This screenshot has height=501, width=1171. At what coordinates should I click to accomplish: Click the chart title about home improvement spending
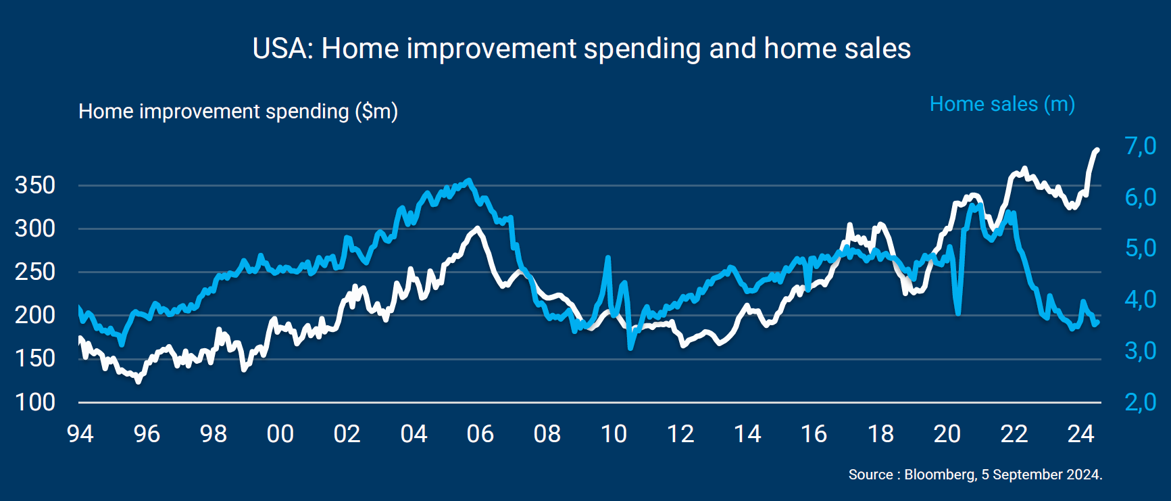coord(581,49)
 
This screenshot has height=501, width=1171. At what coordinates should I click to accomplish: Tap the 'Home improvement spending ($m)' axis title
coord(238,112)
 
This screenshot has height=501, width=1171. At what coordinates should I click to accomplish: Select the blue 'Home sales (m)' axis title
coord(1002,104)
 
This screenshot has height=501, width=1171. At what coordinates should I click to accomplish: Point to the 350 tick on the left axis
coord(35,185)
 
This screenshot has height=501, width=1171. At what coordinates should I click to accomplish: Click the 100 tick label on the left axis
coord(35,402)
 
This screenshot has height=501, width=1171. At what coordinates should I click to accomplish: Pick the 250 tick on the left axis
coord(35,272)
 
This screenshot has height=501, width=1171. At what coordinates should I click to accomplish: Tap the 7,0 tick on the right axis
coord(1141,146)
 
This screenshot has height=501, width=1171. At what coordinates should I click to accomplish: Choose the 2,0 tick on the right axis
coord(1141,402)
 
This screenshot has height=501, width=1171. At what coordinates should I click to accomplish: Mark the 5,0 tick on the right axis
coord(1141,248)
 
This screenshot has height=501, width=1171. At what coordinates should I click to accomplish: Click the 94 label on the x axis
coord(80,434)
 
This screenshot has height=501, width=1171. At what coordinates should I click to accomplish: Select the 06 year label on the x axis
coord(480,434)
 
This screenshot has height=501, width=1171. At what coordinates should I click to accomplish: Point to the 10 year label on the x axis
coord(614,434)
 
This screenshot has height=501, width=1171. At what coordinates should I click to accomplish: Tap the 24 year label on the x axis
coord(1080,434)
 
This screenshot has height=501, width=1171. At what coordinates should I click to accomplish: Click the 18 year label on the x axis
coord(880,434)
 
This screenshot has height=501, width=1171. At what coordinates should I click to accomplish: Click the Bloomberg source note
coord(975,475)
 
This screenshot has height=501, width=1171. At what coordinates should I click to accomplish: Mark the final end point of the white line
coord(1097,150)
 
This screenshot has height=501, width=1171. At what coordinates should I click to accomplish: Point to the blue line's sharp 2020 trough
coord(958,313)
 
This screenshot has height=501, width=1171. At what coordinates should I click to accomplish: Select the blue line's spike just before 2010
coord(608,258)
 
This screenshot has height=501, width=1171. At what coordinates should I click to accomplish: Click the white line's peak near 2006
coord(478,229)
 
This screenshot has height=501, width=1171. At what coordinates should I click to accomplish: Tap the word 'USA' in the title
coord(282,49)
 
